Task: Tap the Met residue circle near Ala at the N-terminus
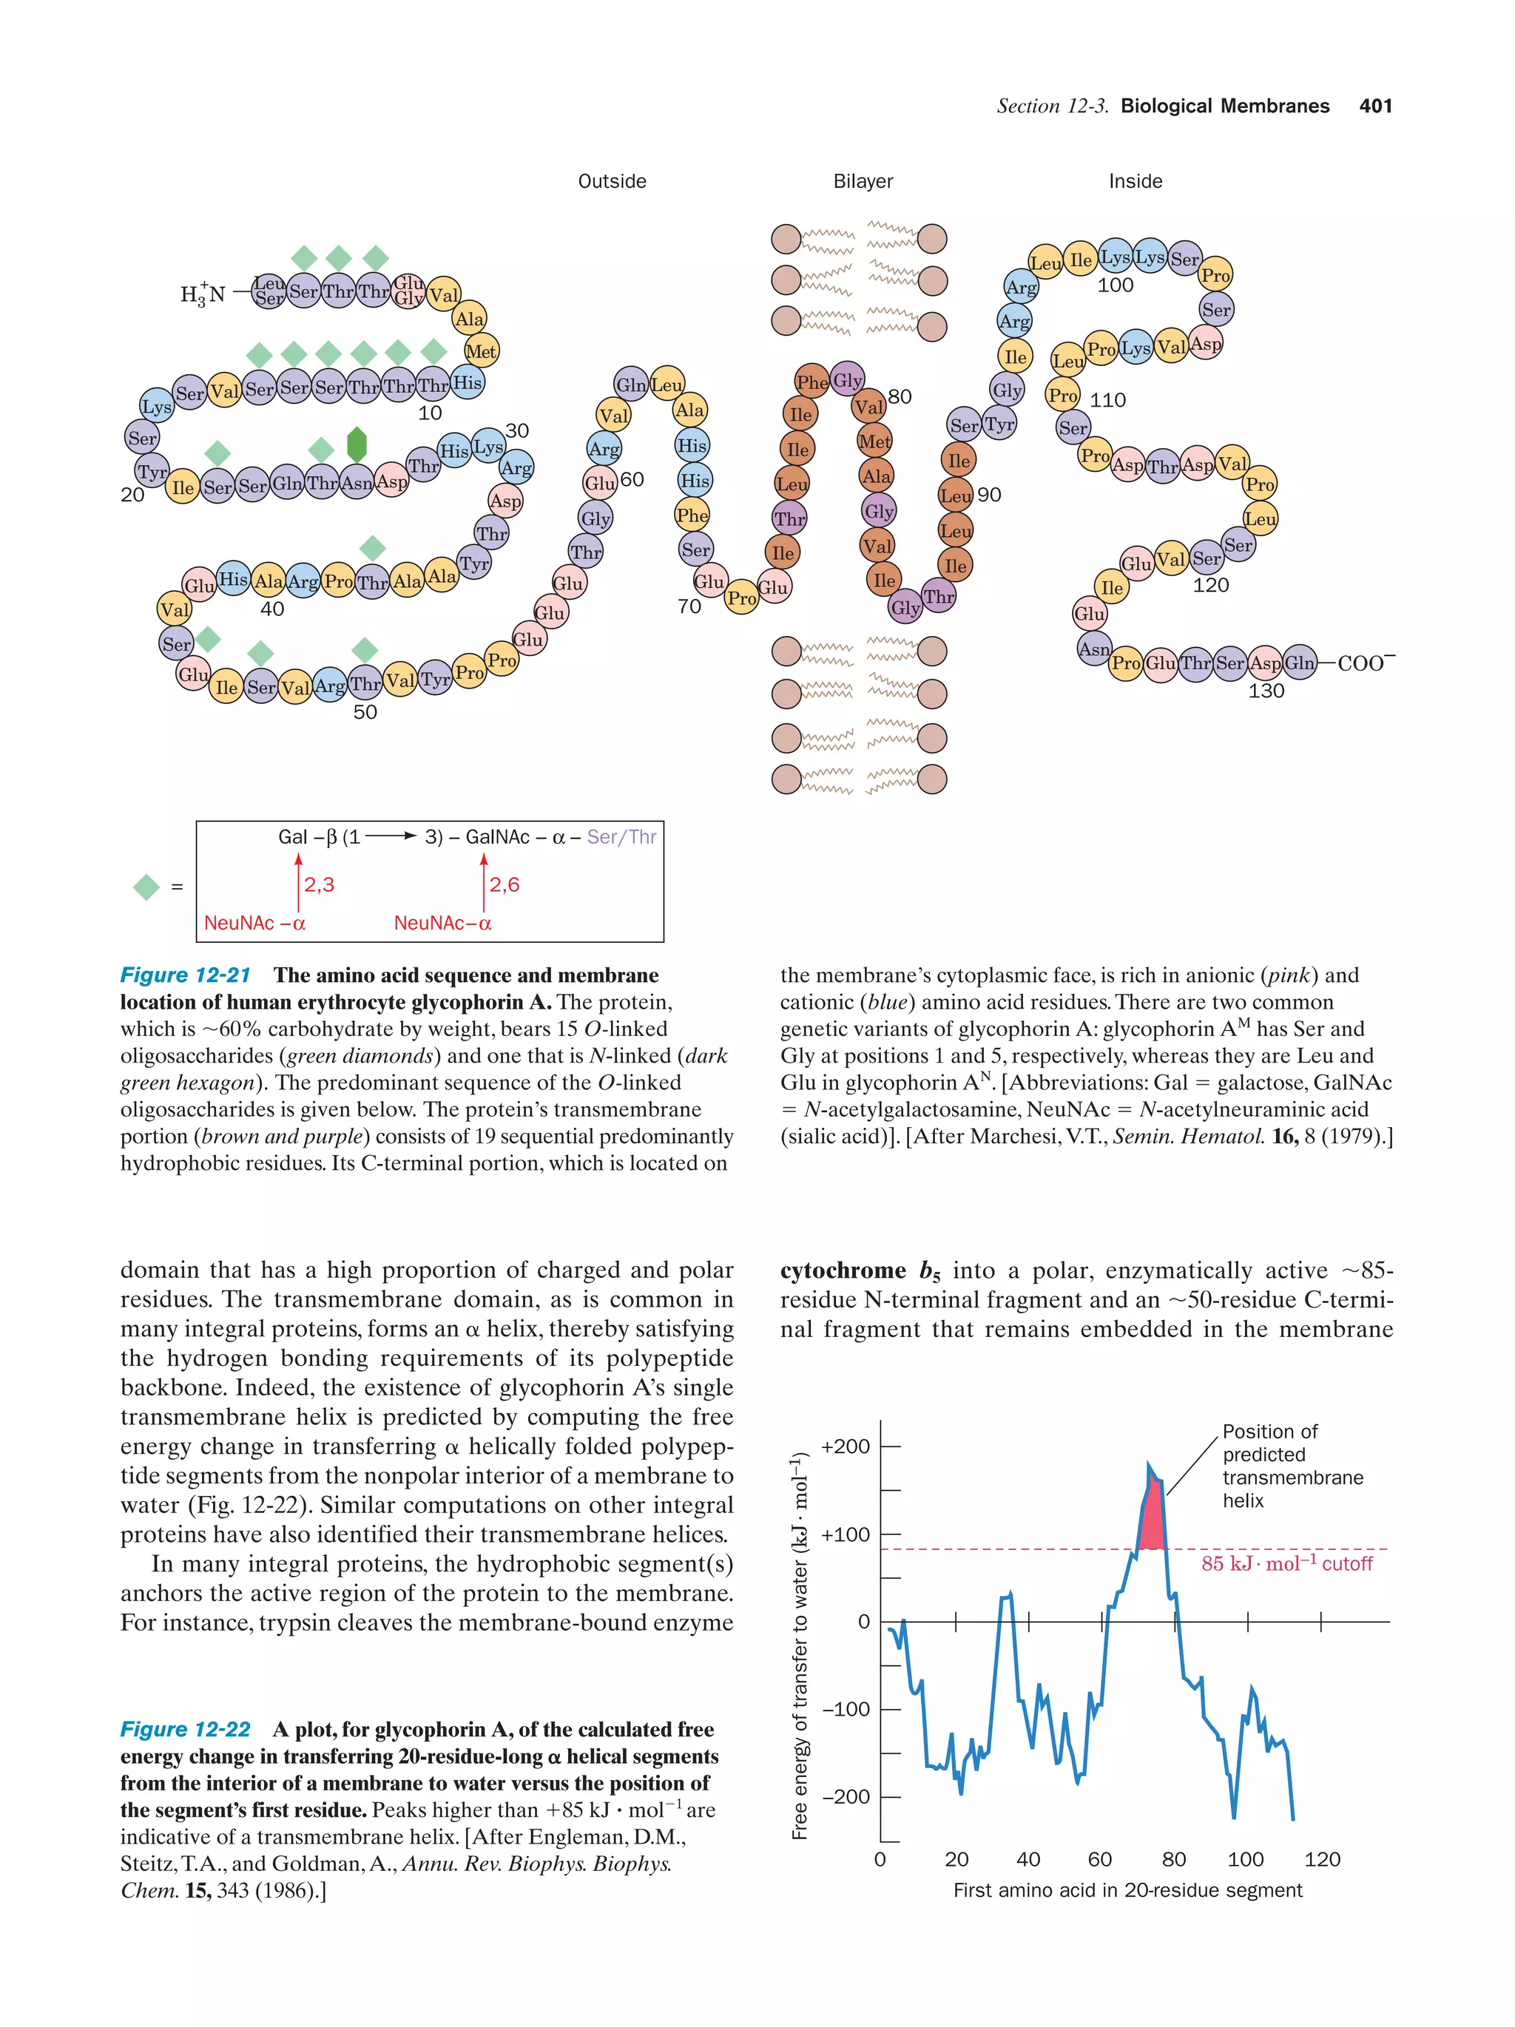pyautogui.click(x=481, y=351)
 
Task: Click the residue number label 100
pyautogui.click(x=1115, y=285)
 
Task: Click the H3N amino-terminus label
pyautogui.click(x=203, y=294)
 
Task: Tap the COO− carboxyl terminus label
pyautogui.click(x=1366, y=663)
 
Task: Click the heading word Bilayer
pyautogui.click(x=863, y=181)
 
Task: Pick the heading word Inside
pyautogui.click(x=1135, y=181)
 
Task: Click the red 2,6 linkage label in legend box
pyautogui.click(x=504, y=884)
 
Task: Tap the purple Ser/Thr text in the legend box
pyautogui.click(x=621, y=836)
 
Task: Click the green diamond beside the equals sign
pyautogui.click(x=146, y=887)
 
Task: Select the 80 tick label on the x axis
pyautogui.click(x=1173, y=1859)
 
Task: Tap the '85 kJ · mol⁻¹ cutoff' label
pyautogui.click(x=1286, y=1564)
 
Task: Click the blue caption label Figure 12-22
pyautogui.click(x=185, y=1729)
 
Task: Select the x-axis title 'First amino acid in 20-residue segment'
pyautogui.click(x=1127, y=1889)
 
